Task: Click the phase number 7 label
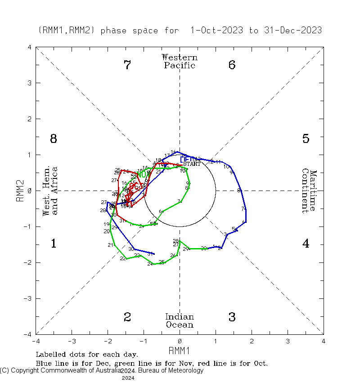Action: click(127, 65)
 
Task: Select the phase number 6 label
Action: click(232, 65)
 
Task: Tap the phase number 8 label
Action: click(53, 139)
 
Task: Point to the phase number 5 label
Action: click(306, 139)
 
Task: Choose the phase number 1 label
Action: click(53, 244)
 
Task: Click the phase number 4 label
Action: click(306, 244)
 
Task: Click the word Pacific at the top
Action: click(180, 66)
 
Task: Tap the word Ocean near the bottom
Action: click(180, 325)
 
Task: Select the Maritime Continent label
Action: click(309, 191)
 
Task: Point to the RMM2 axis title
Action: click(20, 191)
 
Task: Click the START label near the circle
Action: click(192, 164)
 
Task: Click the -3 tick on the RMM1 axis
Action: click(72, 341)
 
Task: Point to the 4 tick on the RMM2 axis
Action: click(29, 47)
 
